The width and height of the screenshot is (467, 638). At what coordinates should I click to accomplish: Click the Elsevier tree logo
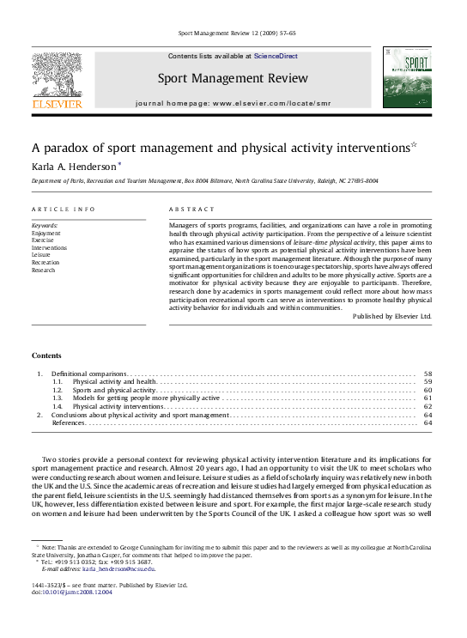[57, 79]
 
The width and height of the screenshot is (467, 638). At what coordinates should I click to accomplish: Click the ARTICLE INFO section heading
[64, 210]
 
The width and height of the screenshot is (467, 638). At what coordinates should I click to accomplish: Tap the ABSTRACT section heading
[186, 210]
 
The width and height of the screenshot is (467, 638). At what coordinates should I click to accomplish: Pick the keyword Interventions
[49, 247]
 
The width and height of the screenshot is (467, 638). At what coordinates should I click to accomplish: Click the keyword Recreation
[45, 262]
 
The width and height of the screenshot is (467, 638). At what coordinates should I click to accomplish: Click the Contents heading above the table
[46, 355]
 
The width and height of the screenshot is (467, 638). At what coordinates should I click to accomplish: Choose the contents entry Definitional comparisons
[88, 374]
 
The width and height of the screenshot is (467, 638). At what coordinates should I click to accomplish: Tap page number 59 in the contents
[428, 382]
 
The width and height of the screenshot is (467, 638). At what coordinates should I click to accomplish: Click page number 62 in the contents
[428, 407]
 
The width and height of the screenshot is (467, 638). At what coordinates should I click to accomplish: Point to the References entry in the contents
[69, 423]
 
